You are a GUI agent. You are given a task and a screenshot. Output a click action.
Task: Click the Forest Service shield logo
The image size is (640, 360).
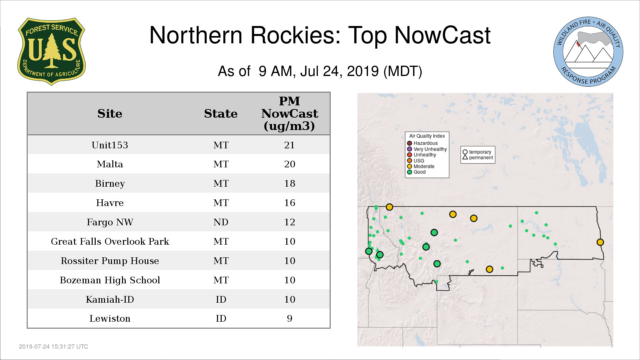[51, 51]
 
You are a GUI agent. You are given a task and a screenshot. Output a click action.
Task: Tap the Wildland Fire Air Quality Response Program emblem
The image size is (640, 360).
[588, 52]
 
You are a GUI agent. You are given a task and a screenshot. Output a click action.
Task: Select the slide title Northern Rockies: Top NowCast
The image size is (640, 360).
[320, 35]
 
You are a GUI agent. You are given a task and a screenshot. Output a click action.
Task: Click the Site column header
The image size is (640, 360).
[110, 114]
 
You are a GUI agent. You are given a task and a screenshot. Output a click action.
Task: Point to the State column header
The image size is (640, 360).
[221, 114]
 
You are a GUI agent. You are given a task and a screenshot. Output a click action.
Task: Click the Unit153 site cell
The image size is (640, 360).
[110, 145]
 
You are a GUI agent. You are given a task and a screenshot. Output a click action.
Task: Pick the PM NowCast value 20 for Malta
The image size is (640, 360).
[290, 164]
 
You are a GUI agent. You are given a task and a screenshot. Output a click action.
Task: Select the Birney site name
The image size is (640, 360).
[110, 184]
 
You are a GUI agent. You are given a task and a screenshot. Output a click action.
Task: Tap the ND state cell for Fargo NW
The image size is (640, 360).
[221, 222]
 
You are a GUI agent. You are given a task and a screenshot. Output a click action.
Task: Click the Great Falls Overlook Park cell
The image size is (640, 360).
[110, 241]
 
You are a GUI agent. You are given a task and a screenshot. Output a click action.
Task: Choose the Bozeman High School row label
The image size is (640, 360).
[110, 280]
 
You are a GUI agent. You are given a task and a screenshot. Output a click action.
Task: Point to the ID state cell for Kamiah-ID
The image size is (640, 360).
[221, 299]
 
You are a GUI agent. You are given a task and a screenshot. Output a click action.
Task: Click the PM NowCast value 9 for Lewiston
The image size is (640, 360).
[290, 319]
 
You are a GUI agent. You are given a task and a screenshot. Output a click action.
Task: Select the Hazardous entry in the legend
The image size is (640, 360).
[422, 143]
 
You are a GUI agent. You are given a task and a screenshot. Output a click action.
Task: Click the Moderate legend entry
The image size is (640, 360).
[421, 166]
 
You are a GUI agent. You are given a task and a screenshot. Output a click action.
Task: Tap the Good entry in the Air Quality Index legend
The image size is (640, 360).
[416, 172]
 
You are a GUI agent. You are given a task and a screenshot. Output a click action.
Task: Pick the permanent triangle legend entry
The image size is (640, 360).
[478, 158]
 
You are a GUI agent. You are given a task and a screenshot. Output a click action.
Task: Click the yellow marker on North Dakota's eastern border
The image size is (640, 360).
[600, 242]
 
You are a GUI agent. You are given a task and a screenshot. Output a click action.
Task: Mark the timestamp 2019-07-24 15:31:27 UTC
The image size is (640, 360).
[54, 347]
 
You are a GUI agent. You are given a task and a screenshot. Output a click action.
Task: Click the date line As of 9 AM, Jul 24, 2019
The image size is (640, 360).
[320, 71]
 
